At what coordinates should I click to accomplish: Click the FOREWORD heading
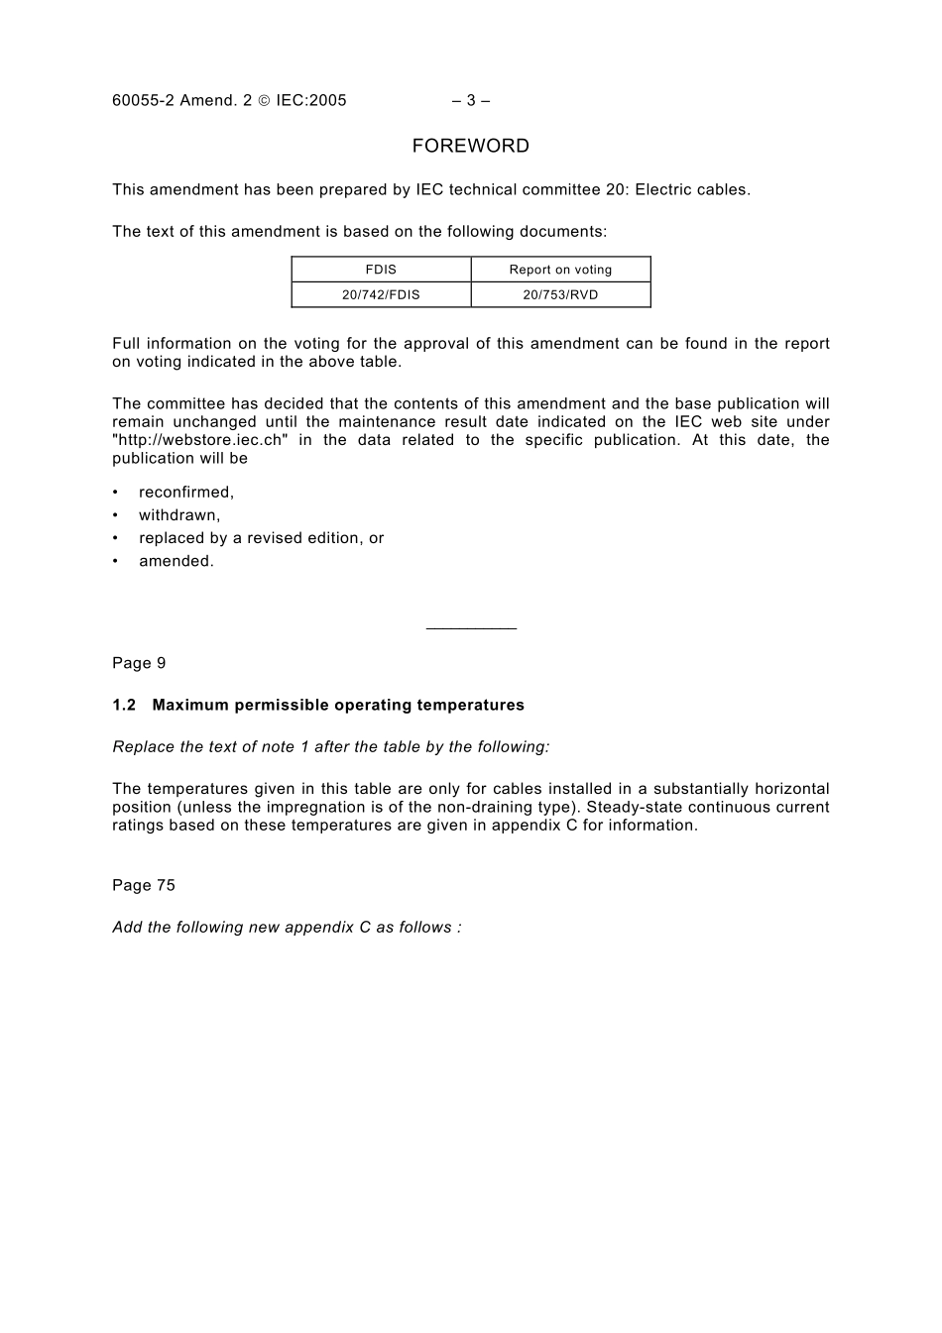tap(470, 147)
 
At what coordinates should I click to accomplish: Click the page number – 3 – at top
tap(470, 100)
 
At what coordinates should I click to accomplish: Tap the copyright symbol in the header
tap(264, 100)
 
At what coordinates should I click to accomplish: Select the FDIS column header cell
tap(381, 270)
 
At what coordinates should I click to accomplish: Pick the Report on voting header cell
tap(560, 270)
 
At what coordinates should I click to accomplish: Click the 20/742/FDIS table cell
tap(381, 294)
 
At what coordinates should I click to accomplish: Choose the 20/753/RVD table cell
tap(560, 294)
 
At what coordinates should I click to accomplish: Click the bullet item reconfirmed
tap(186, 493)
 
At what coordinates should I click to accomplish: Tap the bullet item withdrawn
tap(179, 515)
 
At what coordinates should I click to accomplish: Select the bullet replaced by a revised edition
tap(261, 538)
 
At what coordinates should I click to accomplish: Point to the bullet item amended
tap(177, 561)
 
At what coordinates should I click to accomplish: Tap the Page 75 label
tap(143, 885)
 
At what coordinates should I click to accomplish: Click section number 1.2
tap(123, 706)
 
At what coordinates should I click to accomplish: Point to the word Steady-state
tap(633, 807)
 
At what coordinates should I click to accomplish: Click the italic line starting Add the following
tap(287, 928)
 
